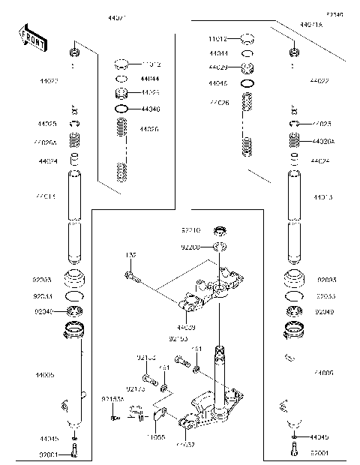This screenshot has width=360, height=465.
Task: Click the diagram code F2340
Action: [334, 14]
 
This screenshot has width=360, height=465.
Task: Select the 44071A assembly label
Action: [310, 25]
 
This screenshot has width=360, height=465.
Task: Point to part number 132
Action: [130, 255]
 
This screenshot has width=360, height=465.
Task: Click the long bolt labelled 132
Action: [136, 280]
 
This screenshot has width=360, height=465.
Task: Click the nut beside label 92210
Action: [220, 232]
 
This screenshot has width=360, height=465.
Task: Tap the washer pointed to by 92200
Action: [220, 247]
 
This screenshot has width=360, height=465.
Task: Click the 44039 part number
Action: [187, 328]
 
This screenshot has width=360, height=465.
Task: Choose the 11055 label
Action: [155, 435]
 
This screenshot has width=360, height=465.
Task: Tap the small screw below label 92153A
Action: [112, 417]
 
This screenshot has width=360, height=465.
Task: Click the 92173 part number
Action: [135, 388]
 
